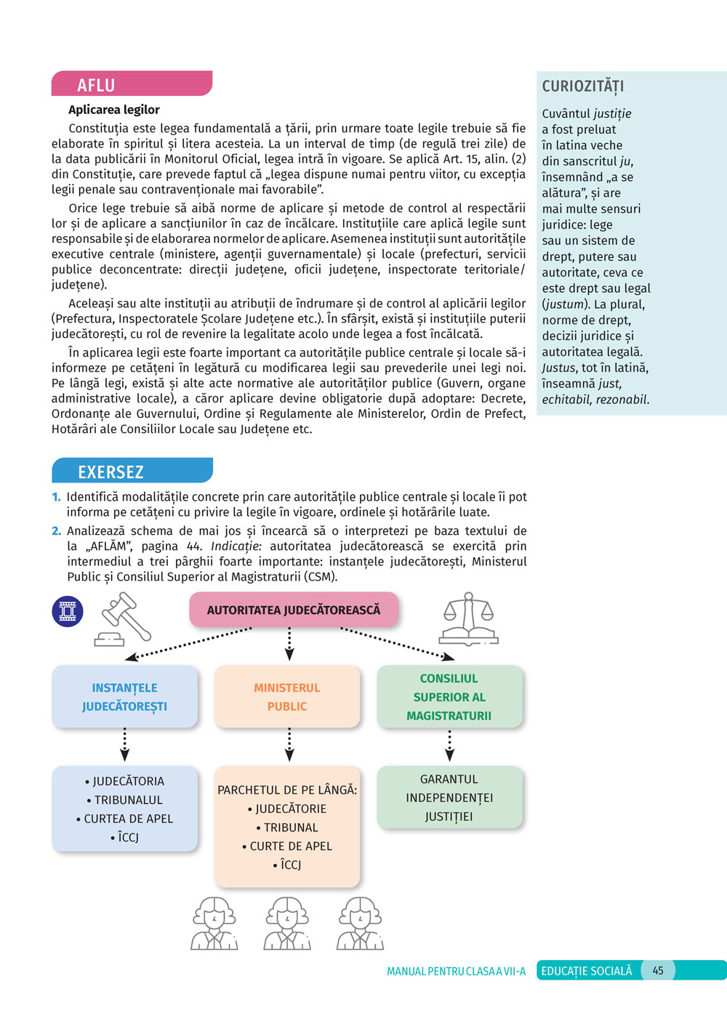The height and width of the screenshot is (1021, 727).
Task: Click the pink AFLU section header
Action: click(131, 84)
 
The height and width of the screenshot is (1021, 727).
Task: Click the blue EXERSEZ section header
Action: click(132, 472)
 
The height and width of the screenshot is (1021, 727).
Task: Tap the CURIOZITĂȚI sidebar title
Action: click(583, 86)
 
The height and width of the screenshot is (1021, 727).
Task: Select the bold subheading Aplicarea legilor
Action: click(114, 110)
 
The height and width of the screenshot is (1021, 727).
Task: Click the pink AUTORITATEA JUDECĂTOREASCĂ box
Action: click(293, 610)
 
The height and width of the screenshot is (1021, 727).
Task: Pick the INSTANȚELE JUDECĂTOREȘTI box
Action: click(124, 697)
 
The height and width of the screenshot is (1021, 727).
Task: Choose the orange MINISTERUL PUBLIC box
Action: click(287, 697)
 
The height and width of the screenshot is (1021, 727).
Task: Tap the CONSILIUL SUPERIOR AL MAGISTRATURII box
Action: click(449, 697)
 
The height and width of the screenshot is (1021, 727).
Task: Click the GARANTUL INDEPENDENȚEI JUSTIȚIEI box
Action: click(449, 797)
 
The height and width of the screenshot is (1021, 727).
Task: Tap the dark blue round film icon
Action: click(68, 611)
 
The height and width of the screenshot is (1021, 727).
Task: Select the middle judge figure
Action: click(288, 923)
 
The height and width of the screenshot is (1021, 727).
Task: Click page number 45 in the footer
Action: click(658, 971)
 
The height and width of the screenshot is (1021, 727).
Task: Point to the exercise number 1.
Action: click(56, 497)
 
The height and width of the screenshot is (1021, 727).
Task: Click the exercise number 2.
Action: click(56, 531)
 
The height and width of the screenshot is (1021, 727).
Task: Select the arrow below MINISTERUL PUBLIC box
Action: click(289, 745)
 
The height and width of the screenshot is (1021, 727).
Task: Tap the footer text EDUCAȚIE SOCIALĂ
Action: click(587, 971)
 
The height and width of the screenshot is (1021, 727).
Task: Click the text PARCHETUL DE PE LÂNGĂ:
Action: click(287, 790)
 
